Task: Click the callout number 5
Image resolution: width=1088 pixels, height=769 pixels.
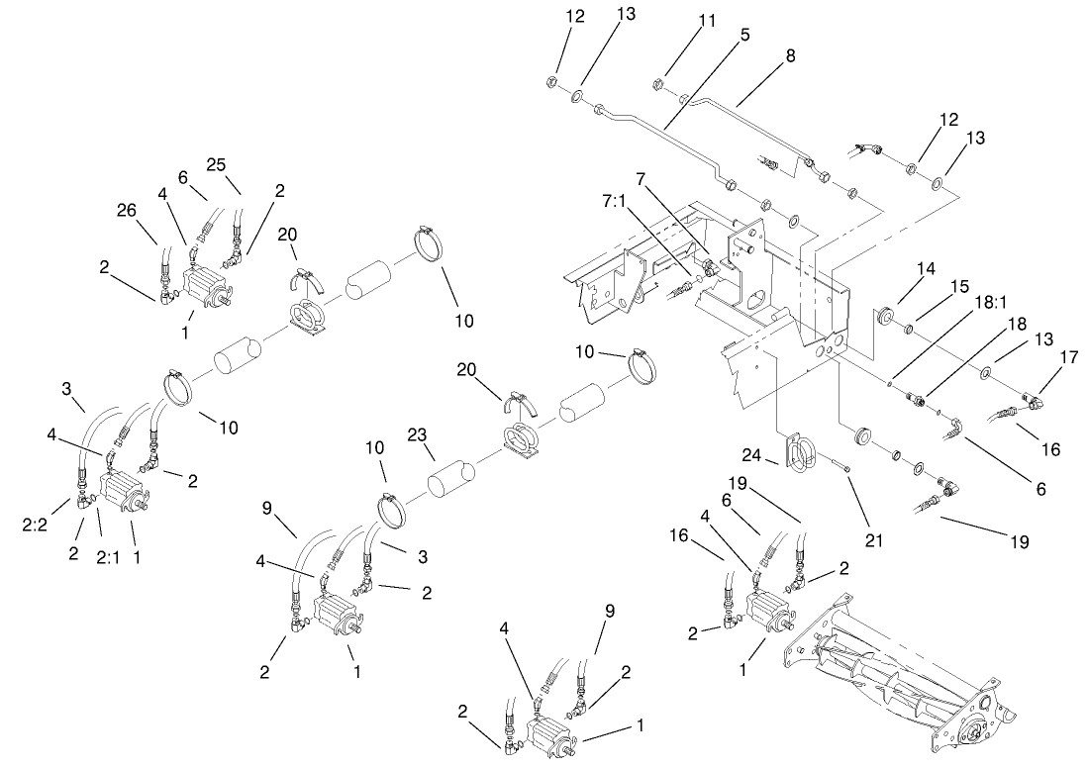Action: [744, 34]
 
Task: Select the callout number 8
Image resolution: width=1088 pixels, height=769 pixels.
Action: [790, 56]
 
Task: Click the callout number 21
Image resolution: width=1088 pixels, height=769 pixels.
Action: [872, 540]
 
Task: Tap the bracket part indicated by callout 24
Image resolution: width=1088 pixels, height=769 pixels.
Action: [802, 451]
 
